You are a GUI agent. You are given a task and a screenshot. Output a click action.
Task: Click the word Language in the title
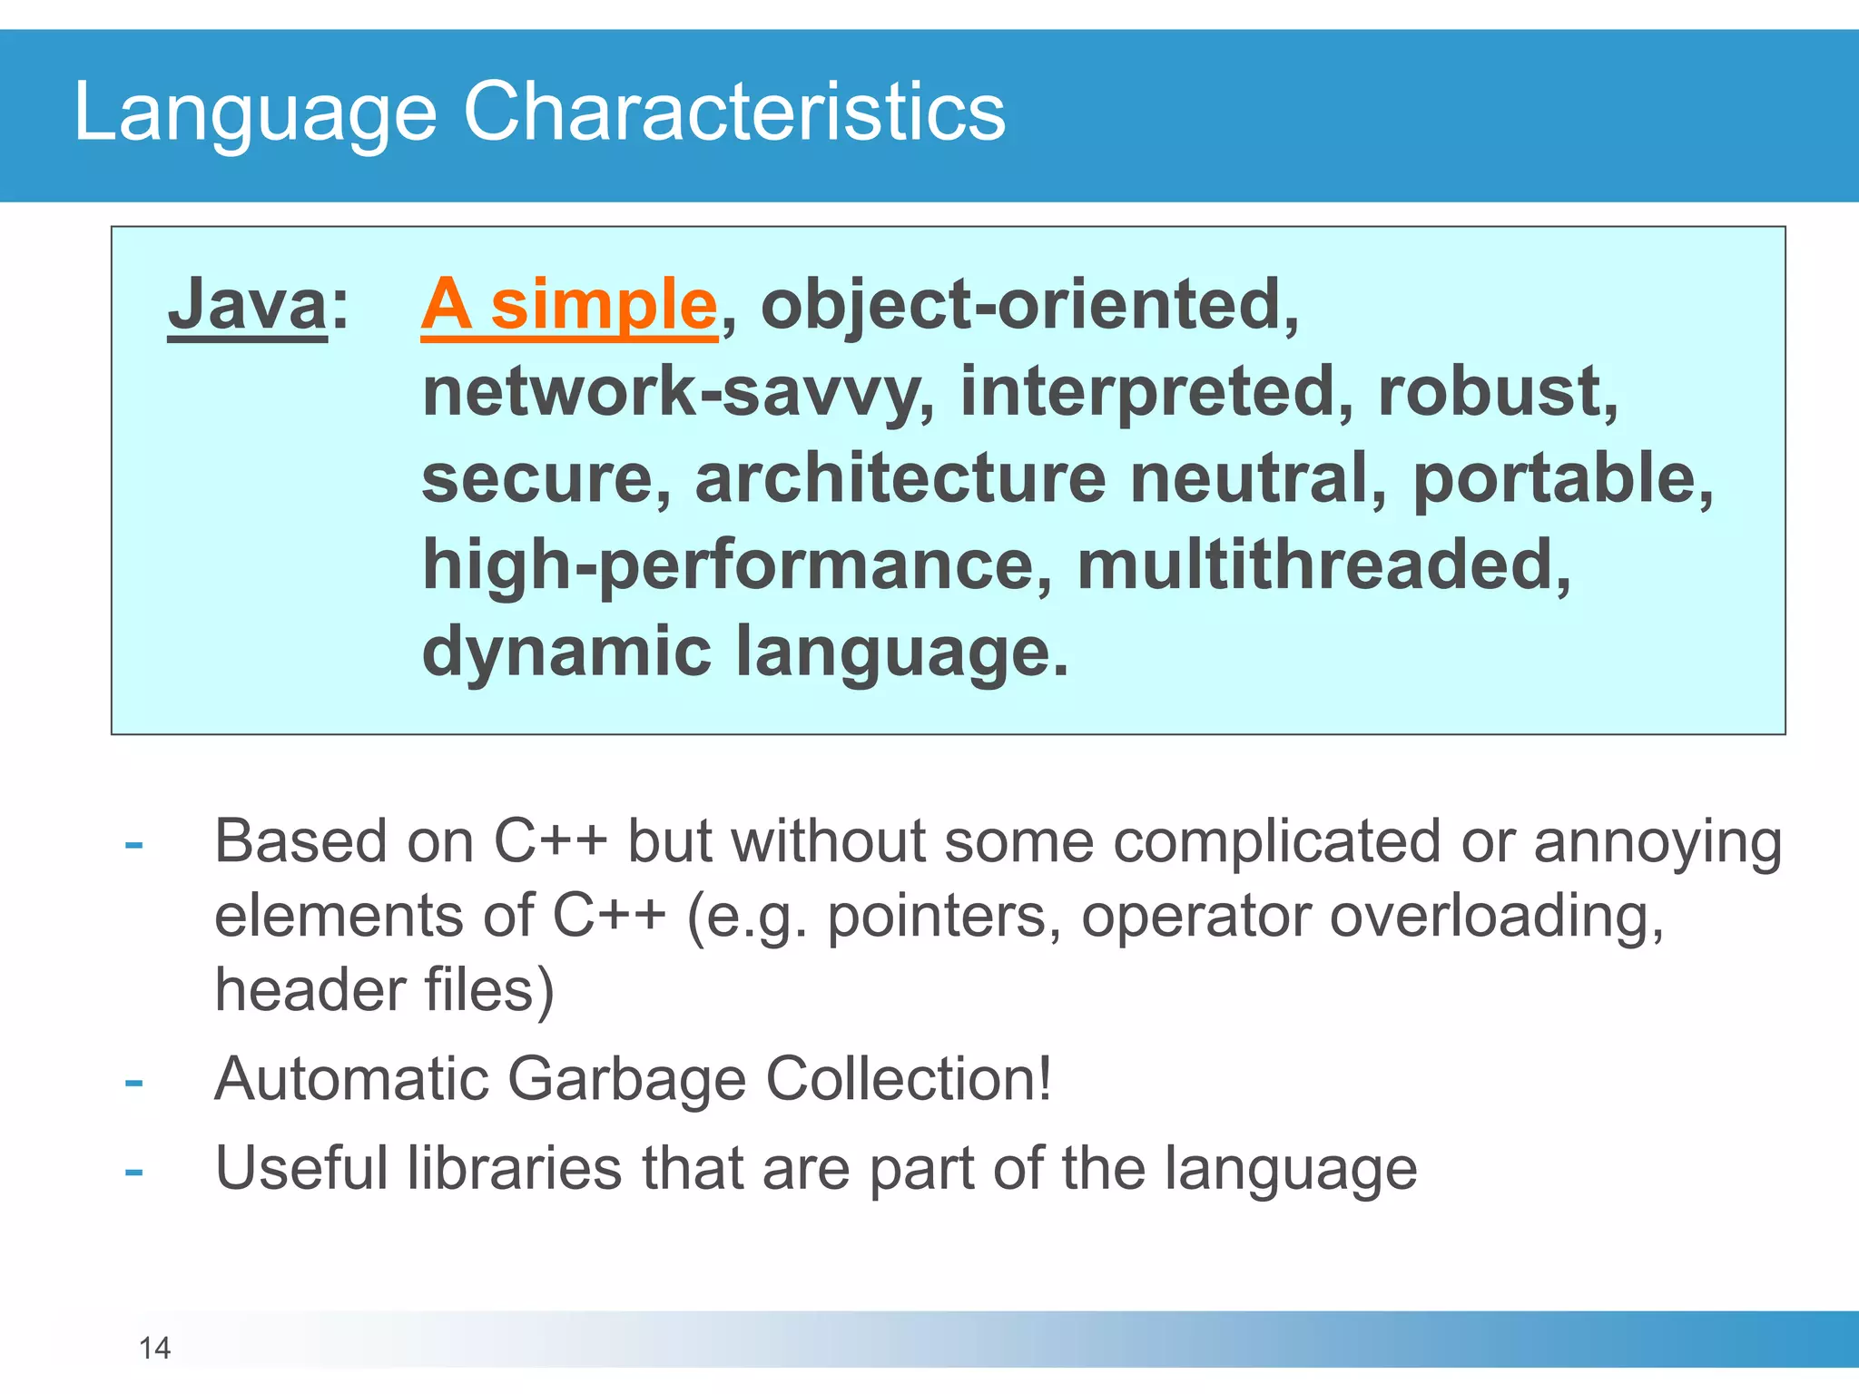255,113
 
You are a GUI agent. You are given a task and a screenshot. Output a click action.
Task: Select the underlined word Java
247,304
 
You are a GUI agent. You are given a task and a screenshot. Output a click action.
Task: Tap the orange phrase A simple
569,304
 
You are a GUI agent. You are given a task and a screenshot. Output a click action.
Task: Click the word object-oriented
1021,304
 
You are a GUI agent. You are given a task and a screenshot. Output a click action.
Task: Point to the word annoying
1657,842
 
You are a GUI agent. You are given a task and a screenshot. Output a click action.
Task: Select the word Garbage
626,1080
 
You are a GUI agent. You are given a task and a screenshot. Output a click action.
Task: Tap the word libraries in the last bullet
514,1168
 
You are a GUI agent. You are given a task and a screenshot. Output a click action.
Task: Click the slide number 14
154,1348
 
